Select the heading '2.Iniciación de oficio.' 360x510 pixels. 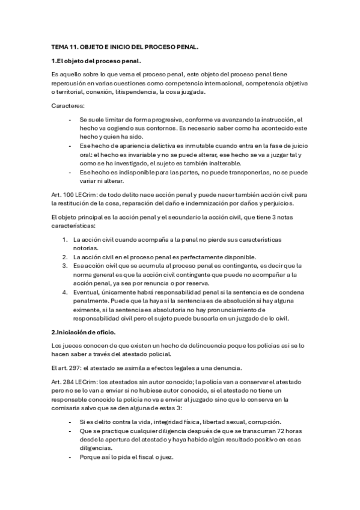(x=88, y=331)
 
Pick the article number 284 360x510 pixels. (x=69, y=382)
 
